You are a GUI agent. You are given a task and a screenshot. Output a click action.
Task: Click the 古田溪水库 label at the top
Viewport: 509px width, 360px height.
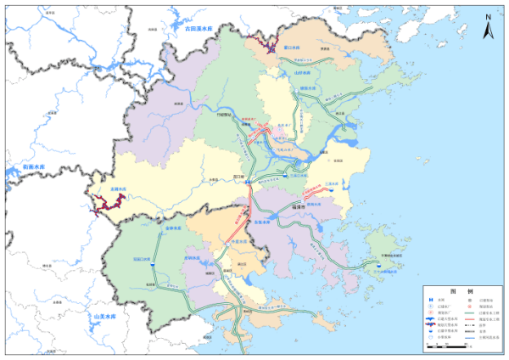click(x=204, y=28)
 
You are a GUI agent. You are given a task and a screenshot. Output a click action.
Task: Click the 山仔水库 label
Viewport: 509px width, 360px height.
click(x=303, y=73)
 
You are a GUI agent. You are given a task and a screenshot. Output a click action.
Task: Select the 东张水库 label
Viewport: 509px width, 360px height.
click(x=263, y=222)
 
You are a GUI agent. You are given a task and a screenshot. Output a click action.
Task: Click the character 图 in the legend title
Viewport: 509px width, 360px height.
click(x=454, y=290)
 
